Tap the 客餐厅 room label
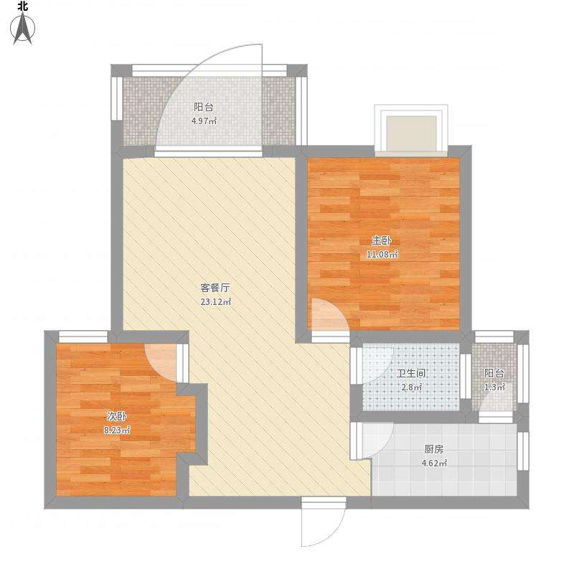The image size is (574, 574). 215,288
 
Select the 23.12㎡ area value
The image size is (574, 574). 215,302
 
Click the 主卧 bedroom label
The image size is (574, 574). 382,240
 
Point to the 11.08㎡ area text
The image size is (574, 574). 382,254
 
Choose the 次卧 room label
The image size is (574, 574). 116,416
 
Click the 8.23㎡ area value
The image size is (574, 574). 116,430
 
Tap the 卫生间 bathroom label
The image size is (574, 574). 411,374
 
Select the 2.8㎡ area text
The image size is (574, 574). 411,387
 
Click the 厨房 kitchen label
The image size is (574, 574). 433,449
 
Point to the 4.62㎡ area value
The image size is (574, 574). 433,464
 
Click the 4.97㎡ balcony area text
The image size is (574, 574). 204,121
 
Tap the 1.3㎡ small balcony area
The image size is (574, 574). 494,387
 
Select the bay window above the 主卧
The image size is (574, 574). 411,131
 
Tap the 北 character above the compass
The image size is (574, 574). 24,6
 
